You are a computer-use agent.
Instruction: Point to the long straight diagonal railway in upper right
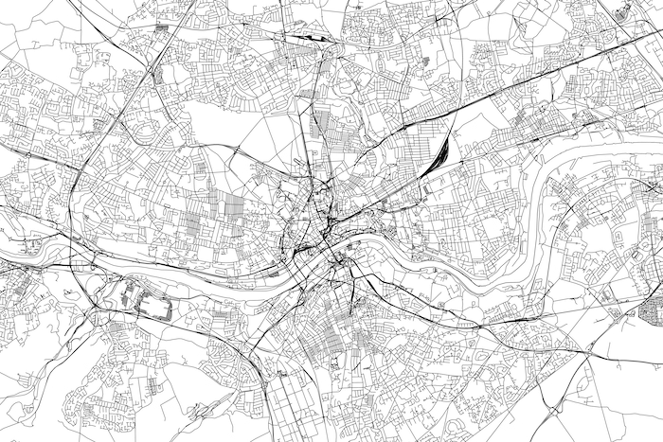coord(530,84)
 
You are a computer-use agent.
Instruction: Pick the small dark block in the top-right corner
coord(622,11)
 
